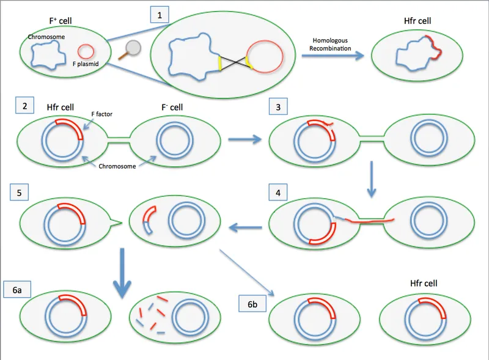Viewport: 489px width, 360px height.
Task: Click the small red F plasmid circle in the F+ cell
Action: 85,51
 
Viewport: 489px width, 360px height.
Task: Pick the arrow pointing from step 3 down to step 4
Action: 373,180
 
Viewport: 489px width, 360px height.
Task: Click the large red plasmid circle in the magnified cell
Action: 265,59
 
